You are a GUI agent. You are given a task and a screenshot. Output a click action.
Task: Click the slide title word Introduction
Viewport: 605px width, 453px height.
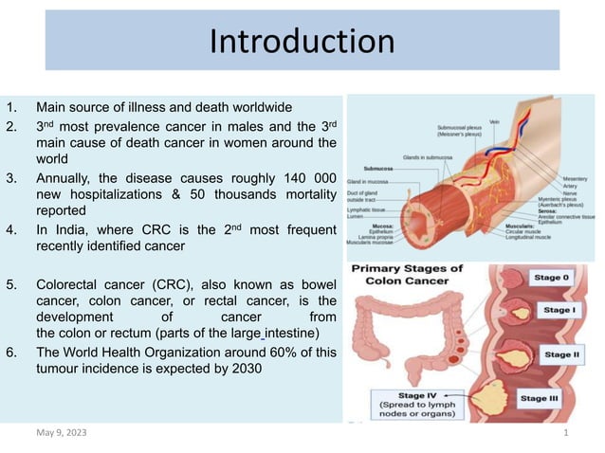coord(302,42)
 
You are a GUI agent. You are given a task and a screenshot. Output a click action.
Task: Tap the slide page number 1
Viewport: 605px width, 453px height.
coord(565,433)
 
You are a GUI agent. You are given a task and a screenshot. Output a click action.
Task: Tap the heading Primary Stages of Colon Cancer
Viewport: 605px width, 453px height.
coord(407,276)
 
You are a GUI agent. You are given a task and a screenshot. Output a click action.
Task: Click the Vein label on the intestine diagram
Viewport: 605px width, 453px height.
coord(495,121)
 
